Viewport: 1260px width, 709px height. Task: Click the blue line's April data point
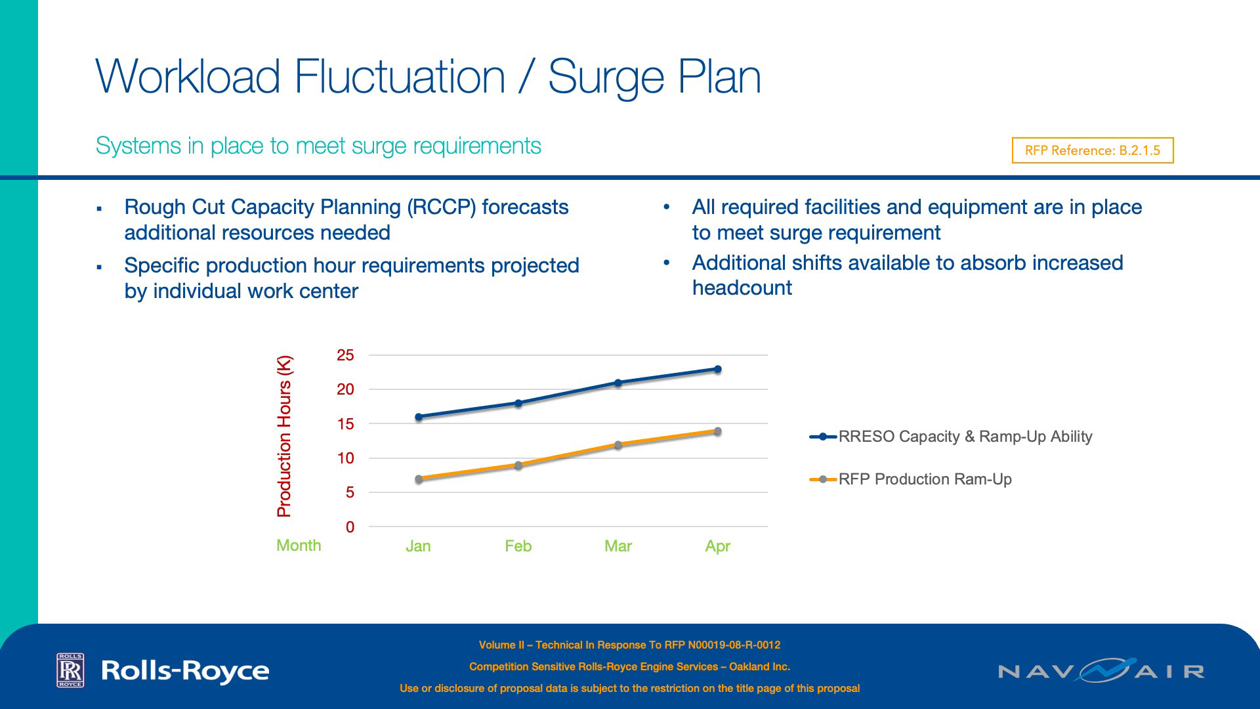[x=717, y=370]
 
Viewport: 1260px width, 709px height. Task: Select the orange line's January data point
[x=419, y=479]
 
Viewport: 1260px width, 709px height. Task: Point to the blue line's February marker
[x=518, y=403]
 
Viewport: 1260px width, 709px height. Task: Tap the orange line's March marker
[x=618, y=445]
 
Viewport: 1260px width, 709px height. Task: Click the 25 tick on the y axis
[x=345, y=356]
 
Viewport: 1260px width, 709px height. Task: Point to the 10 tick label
[x=345, y=458]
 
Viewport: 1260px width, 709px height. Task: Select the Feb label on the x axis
[x=518, y=546]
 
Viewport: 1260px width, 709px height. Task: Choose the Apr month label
[x=717, y=546]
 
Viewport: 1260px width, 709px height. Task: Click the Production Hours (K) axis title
[x=284, y=437]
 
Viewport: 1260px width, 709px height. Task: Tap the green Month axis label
[x=299, y=546]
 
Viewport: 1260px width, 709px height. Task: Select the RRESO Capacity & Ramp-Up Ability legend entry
[x=965, y=437]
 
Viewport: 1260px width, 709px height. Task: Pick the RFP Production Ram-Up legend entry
[x=925, y=479]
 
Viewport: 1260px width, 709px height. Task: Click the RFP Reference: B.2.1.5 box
[x=1092, y=150]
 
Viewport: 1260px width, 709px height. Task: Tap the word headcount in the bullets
[x=742, y=288]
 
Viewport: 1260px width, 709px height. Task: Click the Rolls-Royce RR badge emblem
[x=70, y=670]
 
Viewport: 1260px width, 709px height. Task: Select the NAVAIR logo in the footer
[x=1101, y=670]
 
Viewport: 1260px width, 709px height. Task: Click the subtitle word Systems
[x=138, y=146]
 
